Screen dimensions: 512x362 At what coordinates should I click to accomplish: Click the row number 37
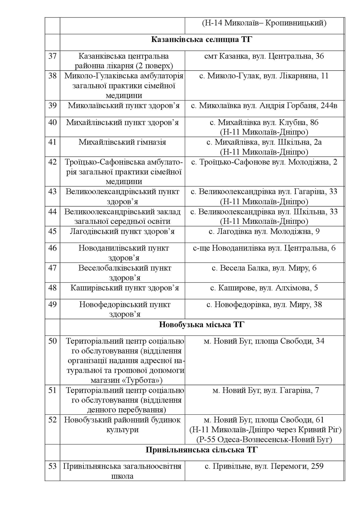(52, 56)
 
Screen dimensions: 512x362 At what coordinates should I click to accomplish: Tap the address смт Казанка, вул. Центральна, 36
(264, 56)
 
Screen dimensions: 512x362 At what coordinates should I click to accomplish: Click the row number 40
(52, 123)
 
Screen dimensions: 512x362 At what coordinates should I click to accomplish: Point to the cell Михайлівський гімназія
(122, 142)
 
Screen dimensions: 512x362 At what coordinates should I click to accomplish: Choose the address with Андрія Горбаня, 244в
(264, 106)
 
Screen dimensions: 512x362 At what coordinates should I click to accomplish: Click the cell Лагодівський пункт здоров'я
(122, 231)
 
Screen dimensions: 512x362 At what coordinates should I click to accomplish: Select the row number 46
(52, 248)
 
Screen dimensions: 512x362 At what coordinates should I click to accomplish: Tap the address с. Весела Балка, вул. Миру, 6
(264, 268)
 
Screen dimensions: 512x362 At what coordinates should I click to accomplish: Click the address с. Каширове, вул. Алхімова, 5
(264, 288)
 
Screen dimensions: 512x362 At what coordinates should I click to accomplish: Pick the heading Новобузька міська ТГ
(202, 325)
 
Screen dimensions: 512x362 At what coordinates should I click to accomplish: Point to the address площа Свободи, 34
(264, 341)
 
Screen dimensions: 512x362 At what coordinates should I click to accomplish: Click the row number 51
(52, 390)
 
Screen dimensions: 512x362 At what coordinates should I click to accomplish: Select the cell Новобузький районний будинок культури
(122, 425)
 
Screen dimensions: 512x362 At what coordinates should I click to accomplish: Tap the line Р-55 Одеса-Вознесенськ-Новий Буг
(264, 439)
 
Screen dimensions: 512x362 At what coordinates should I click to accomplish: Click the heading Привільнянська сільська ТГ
(202, 450)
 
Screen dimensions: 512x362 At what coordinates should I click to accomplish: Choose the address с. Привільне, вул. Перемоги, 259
(264, 466)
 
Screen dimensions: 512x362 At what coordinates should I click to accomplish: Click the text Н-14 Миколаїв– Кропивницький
(264, 23)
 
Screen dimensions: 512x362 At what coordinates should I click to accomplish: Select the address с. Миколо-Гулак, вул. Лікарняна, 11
(264, 76)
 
